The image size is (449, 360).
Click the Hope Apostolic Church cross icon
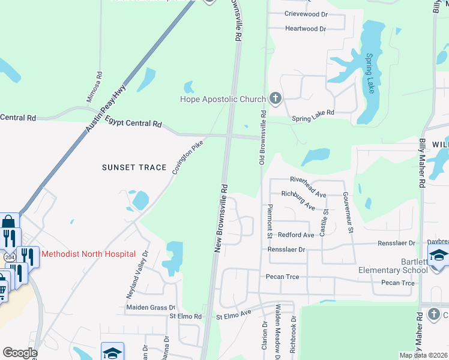point(276,99)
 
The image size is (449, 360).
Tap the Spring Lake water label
point(370,73)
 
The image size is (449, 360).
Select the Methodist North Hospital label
point(88,254)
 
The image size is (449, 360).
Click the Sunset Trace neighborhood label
point(134,167)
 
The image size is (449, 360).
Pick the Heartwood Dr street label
point(306,28)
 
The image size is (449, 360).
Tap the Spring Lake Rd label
point(313,116)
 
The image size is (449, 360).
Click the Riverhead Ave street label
point(308,179)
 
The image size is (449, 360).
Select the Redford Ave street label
point(296,235)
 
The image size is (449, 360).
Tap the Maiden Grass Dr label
point(150,307)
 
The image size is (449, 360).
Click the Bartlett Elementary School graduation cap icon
point(439,255)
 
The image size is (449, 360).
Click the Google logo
point(20,353)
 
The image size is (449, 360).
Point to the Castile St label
point(324,221)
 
